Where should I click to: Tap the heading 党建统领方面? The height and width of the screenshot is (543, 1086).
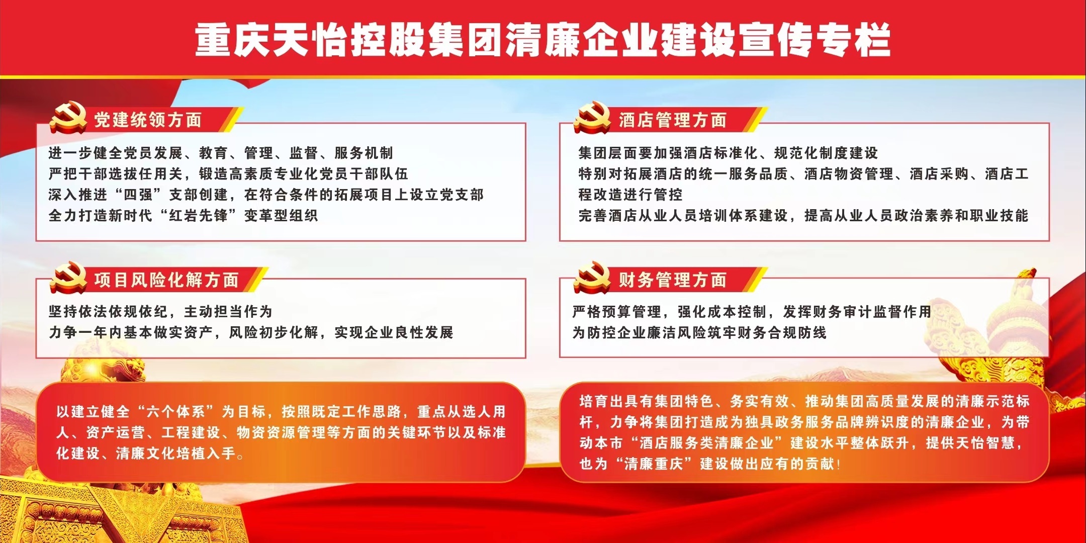tap(148, 120)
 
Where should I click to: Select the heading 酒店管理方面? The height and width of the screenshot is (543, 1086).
tap(673, 120)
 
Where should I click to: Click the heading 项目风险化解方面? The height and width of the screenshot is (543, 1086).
tap(166, 280)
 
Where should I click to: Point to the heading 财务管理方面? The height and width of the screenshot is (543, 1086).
tap(673, 280)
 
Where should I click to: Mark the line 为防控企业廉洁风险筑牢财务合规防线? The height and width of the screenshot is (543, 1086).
tap(699, 333)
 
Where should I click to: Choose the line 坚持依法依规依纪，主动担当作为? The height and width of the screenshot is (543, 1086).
tap(160, 312)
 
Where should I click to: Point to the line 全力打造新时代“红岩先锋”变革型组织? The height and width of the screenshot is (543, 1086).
tap(183, 216)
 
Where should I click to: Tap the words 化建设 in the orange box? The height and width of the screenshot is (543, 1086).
tap(78, 454)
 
